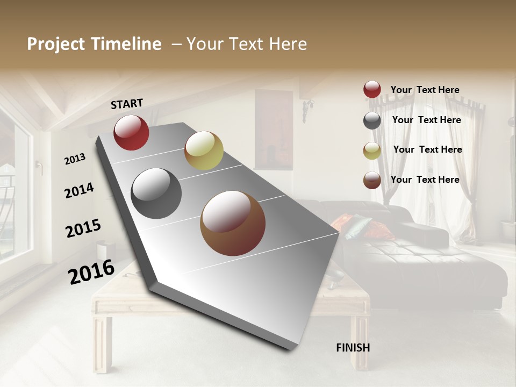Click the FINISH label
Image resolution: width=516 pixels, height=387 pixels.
point(353,348)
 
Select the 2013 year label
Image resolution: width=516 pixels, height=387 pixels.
point(75,159)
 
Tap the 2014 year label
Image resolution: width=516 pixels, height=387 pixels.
point(79,190)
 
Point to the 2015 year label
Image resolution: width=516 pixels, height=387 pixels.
point(83,228)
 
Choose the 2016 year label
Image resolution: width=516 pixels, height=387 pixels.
point(91,271)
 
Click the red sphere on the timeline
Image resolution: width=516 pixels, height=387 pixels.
point(131,132)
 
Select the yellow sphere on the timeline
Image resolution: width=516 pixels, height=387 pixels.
point(204,150)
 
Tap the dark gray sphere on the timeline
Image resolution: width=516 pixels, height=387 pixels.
point(156,193)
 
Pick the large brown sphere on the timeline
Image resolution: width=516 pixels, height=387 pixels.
point(233,223)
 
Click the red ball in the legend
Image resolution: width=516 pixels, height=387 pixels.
point(372,90)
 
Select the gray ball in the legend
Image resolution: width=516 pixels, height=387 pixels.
point(372,120)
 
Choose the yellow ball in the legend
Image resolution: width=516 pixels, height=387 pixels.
point(372,150)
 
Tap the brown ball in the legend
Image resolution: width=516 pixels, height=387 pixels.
point(372,180)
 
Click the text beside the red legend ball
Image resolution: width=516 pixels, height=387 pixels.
point(425,90)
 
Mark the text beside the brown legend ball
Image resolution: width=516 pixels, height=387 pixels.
point(425,180)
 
